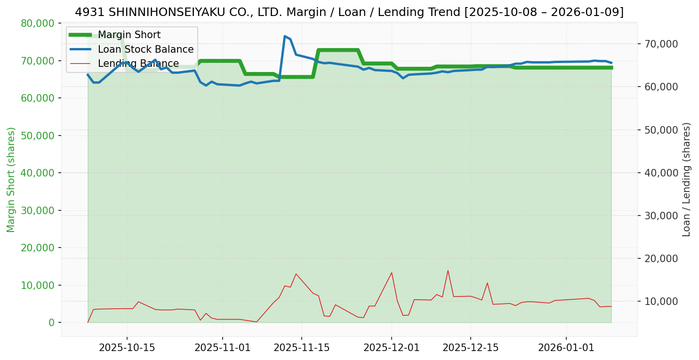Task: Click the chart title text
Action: click(x=349, y=12)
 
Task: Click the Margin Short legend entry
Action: click(x=129, y=35)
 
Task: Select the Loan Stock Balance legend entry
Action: click(x=145, y=49)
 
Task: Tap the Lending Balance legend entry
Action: click(x=138, y=64)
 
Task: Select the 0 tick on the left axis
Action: click(x=51, y=322)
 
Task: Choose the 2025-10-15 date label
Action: click(x=127, y=348)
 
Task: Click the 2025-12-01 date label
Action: click(x=391, y=348)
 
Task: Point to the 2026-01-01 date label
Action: click(x=566, y=348)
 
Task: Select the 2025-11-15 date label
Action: click(x=301, y=348)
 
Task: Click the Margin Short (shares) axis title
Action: click(x=11, y=180)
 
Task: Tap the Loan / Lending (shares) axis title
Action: click(x=686, y=180)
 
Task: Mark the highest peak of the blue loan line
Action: click(x=285, y=36)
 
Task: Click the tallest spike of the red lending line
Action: click(x=448, y=271)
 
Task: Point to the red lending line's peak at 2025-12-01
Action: click(x=391, y=272)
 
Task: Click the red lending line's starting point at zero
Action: click(x=88, y=322)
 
